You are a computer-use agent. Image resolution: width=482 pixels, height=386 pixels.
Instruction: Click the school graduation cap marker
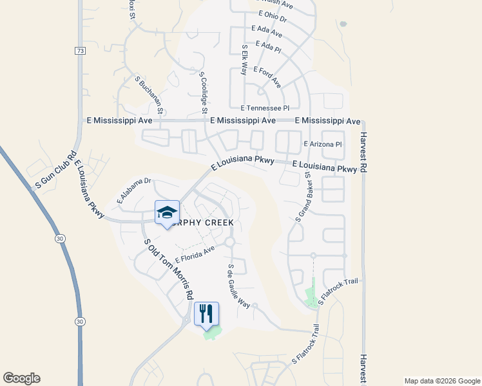[x=167, y=213]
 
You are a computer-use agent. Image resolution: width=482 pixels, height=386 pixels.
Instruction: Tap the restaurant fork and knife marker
[x=206, y=314]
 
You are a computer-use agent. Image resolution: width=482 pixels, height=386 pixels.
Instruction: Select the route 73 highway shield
[x=79, y=50]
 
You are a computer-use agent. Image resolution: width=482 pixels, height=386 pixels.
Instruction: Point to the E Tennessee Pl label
[x=265, y=109]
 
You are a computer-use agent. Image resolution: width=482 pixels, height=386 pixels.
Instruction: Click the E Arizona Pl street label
[x=322, y=145]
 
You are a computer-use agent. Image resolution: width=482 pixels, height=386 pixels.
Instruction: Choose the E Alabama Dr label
[x=133, y=191]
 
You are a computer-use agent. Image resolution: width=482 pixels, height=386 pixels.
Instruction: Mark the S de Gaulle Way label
[x=238, y=286]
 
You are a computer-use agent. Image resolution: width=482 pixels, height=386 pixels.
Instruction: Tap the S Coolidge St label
[x=202, y=93]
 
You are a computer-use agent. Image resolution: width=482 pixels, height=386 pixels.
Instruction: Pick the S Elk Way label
[x=244, y=60]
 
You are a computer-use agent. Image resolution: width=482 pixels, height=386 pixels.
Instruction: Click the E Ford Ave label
[x=267, y=77]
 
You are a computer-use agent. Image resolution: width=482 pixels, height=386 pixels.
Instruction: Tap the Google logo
[x=21, y=378]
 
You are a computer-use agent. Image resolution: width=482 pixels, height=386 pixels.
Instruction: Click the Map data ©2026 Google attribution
[x=441, y=381]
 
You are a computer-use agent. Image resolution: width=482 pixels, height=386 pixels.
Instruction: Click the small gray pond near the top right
[x=342, y=24]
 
